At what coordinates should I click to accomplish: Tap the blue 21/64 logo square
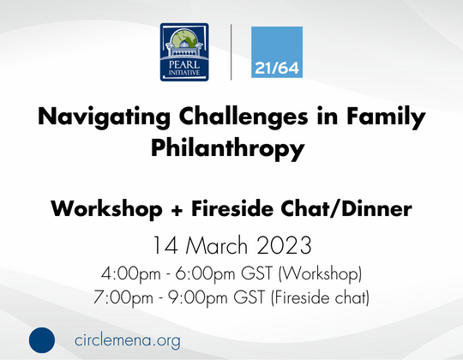click(277, 53)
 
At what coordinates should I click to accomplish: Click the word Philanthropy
click(228, 147)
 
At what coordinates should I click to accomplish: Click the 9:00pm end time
click(195, 298)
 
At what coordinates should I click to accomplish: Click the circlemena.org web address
click(128, 339)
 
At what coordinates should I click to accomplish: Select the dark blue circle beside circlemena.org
click(40, 339)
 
